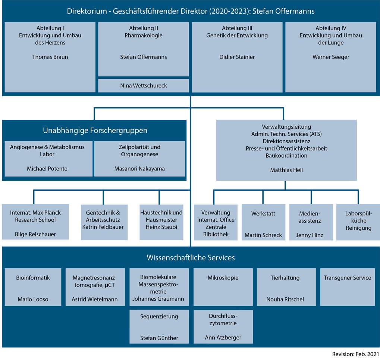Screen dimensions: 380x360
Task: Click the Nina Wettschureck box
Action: point(144,85)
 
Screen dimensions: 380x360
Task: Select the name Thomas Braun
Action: point(50,57)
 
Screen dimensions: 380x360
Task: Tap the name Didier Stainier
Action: point(237,57)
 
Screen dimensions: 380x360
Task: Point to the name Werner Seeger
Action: point(331,57)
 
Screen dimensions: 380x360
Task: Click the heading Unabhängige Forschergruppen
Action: point(95,131)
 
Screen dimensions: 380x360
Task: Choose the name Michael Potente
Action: point(47,169)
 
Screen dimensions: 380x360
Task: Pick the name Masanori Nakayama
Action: point(139,169)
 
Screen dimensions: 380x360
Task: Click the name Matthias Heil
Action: point(286,170)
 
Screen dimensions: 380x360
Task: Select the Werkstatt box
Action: point(263,222)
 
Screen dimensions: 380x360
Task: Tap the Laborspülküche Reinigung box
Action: point(358,222)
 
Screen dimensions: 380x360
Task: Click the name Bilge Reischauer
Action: point(35,234)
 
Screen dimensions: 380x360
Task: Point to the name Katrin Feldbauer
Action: point(103,227)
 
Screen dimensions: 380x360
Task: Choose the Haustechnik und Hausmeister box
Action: point(161,222)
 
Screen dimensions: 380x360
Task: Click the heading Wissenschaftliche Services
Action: point(191,257)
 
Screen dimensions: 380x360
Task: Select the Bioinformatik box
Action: point(33,287)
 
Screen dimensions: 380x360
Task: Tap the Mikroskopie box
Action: point(223,287)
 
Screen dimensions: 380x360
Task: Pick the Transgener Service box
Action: point(348,287)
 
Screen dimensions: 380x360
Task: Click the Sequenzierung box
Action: point(159,326)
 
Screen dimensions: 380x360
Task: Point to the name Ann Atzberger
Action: point(223,338)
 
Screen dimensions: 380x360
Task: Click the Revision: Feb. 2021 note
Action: point(355,354)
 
